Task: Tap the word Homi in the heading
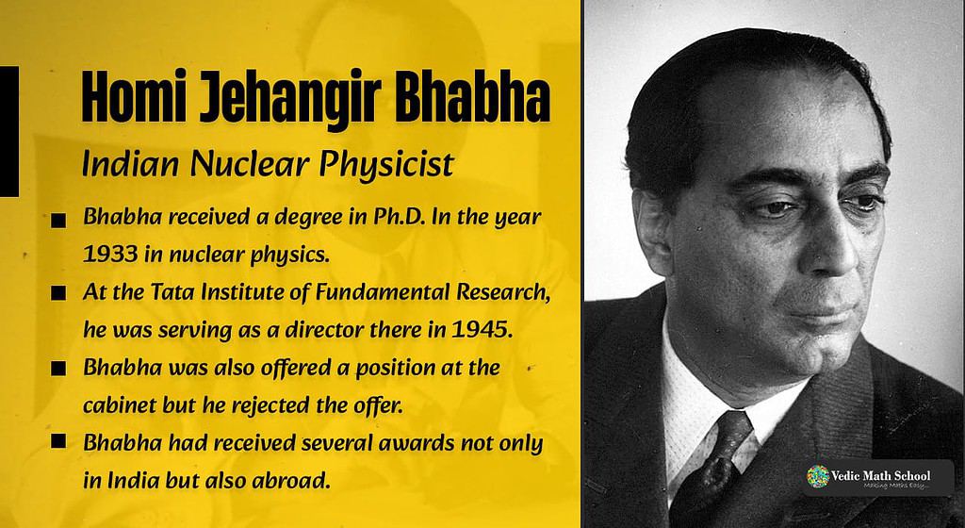(133, 96)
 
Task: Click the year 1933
(110, 255)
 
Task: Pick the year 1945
(482, 330)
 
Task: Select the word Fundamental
(381, 293)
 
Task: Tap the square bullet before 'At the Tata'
(58, 293)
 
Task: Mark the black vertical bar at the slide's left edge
(9, 131)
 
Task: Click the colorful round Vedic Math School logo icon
(818, 477)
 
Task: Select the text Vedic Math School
(881, 475)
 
